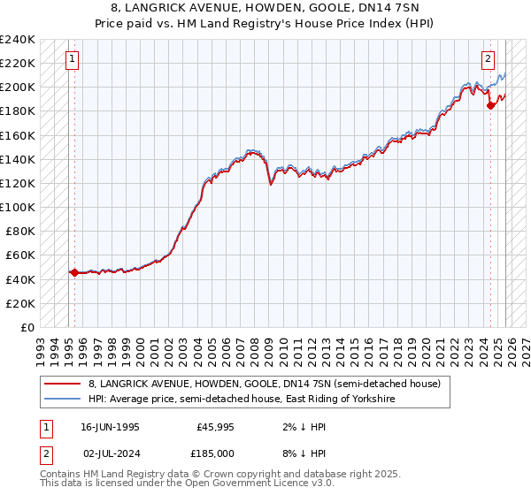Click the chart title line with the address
[x=265, y=6]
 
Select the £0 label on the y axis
[x=27, y=327]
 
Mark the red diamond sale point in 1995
[x=74, y=272]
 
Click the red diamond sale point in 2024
[x=491, y=105]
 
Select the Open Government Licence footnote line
[x=188, y=484]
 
